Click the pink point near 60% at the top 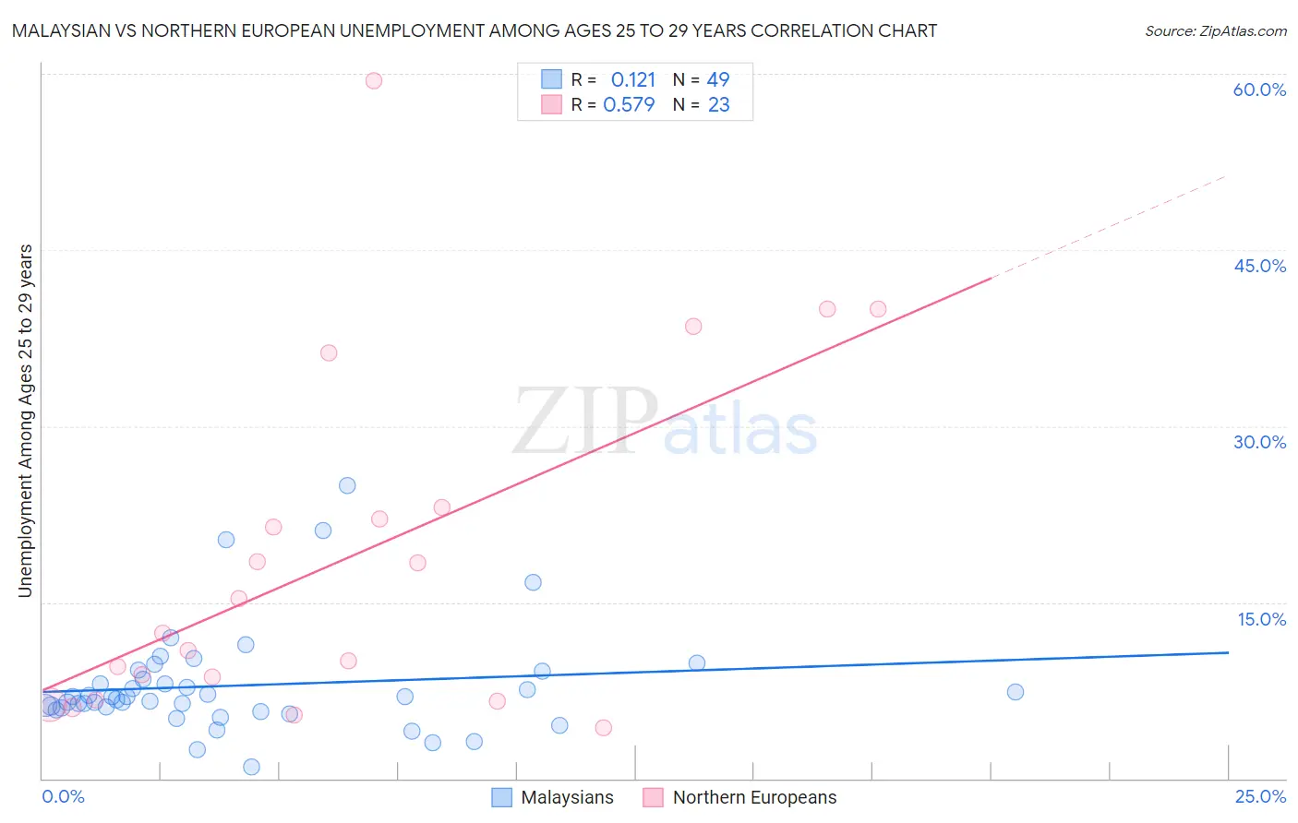click(374, 80)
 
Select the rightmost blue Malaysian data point click(1016, 692)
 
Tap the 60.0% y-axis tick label click(1259, 89)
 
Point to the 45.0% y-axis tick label click(1259, 266)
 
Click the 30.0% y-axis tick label click(1259, 442)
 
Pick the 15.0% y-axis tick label click(1261, 619)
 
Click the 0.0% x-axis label click(64, 797)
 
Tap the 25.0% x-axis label click(1260, 797)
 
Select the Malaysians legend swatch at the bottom click(501, 797)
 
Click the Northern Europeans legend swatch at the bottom click(654, 797)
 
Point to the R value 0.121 click(632, 80)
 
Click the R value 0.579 click(629, 105)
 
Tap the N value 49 click(718, 80)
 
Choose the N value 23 click(718, 105)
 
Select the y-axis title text click(25, 421)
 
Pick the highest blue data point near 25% click(347, 485)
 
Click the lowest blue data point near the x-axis click(251, 767)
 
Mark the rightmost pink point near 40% click(878, 309)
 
